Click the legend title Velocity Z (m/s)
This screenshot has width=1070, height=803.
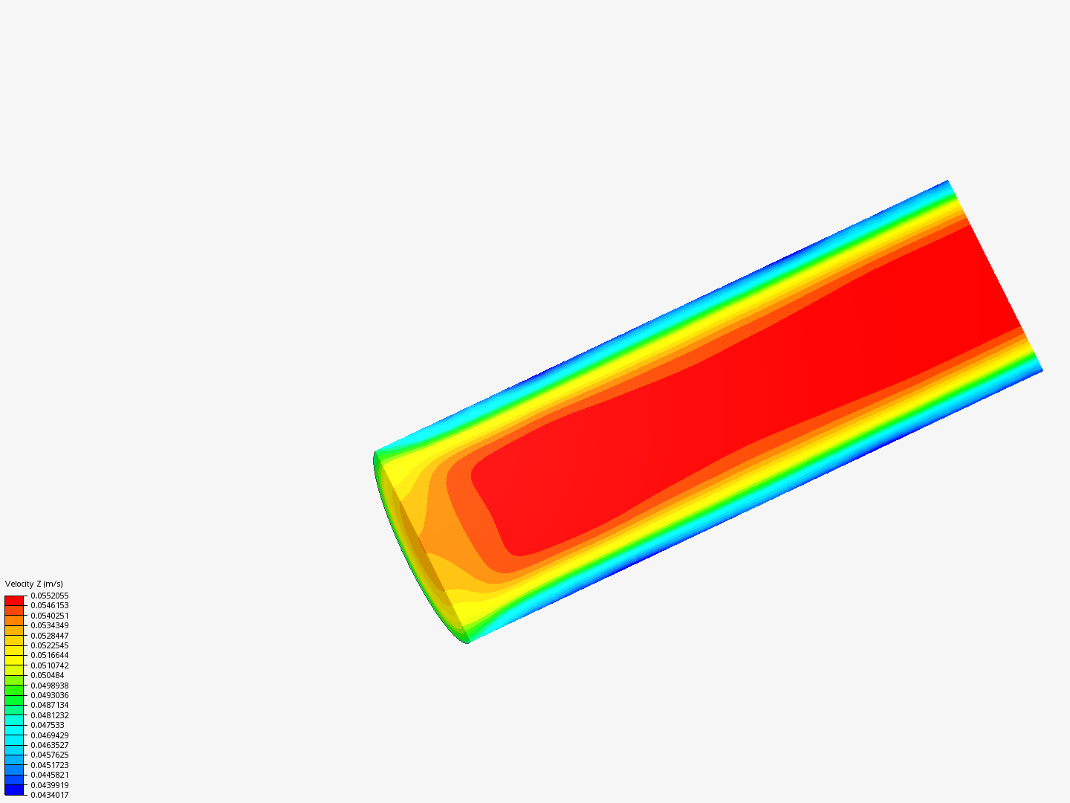(33, 584)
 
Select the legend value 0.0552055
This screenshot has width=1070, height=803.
(50, 596)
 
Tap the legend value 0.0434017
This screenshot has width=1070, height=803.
(50, 796)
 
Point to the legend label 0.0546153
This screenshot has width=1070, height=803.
(50, 605)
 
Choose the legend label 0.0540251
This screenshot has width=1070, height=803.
(50, 616)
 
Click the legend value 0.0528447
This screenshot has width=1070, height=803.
(50, 636)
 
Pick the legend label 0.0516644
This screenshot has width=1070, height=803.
(50, 655)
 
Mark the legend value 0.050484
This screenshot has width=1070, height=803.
(48, 675)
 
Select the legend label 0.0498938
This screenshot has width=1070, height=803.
(50, 686)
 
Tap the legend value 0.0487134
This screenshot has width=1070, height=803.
(50, 705)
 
